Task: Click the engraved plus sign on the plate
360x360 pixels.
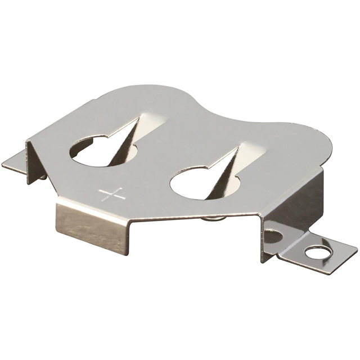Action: click(x=111, y=195)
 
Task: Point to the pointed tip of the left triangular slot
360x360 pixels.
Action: click(x=140, y=119)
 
